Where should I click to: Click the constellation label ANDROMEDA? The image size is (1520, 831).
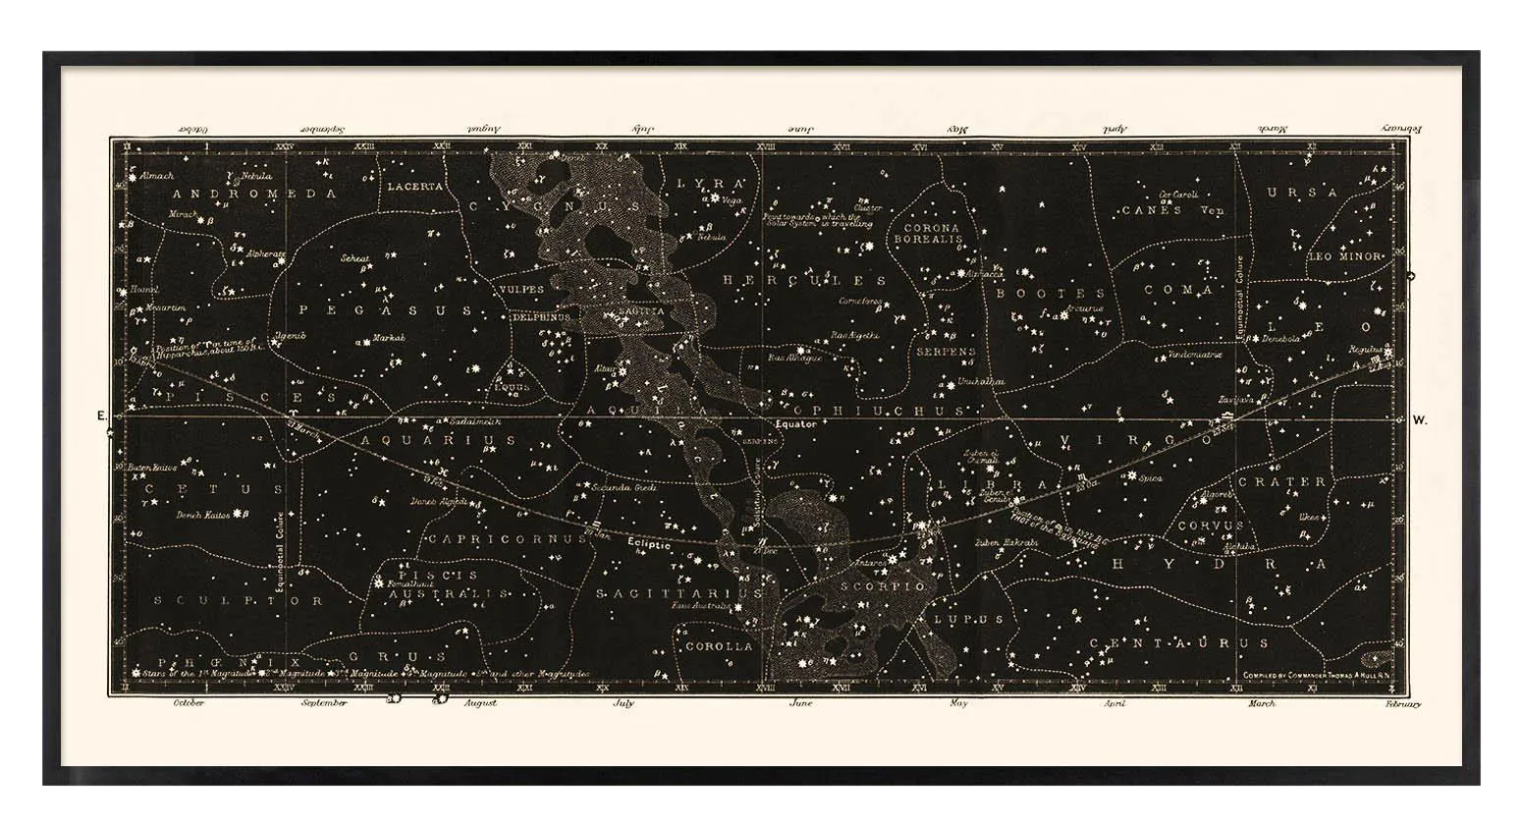[x=254, y=194]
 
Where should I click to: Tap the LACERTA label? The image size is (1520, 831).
[x=415, y=185]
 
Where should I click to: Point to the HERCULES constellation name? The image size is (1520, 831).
[x=804, y=280]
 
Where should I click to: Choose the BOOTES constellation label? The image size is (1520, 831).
[x=1051, y=293]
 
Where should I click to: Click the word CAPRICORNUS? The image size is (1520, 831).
[x=480, y=540]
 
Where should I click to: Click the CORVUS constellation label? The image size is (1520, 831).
[x=1210, y=526]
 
